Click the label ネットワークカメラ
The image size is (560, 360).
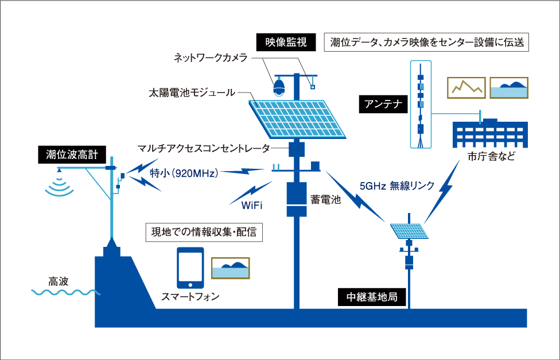pyautogui.click(x=211, y=58)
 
